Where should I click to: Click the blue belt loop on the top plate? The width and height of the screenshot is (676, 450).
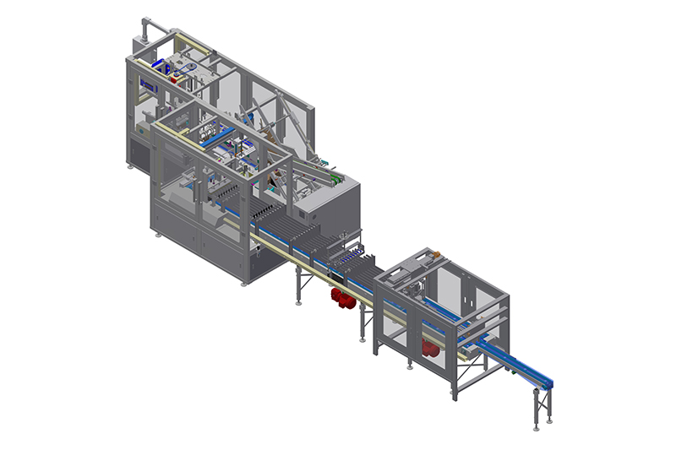point(194,69)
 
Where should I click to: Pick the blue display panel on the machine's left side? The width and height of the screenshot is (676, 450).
point(150,85)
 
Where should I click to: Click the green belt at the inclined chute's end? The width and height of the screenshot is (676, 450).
point(337,179)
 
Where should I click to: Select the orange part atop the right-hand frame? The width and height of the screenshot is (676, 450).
point(436,252)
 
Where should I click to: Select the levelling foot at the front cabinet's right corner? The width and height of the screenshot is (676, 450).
point(244,284)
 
